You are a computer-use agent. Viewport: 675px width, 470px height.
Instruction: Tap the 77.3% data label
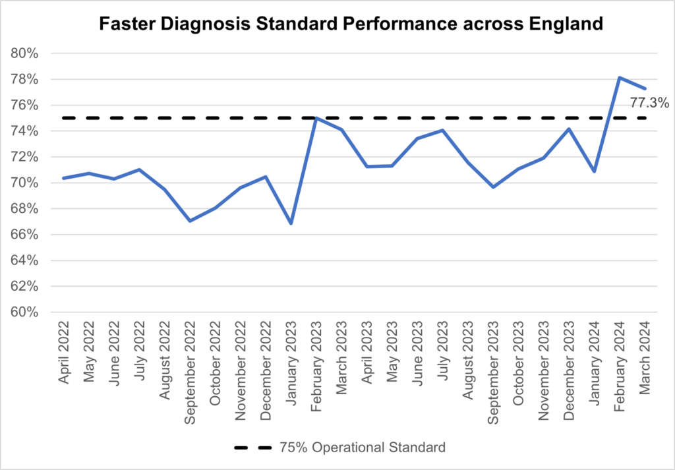click(649, 103)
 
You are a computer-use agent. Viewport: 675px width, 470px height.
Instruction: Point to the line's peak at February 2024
click(620, 78)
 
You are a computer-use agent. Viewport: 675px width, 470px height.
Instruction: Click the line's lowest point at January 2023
click(291, 223)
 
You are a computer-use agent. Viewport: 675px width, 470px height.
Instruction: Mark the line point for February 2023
click(316, 119)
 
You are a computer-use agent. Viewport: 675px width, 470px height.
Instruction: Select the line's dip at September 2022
click(190, 221)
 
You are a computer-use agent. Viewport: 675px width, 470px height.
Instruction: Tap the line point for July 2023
click(442, 130)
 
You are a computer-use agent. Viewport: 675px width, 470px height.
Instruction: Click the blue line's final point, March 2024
click(645, 88)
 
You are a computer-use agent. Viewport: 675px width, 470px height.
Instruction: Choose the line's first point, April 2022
click(64, 178)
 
